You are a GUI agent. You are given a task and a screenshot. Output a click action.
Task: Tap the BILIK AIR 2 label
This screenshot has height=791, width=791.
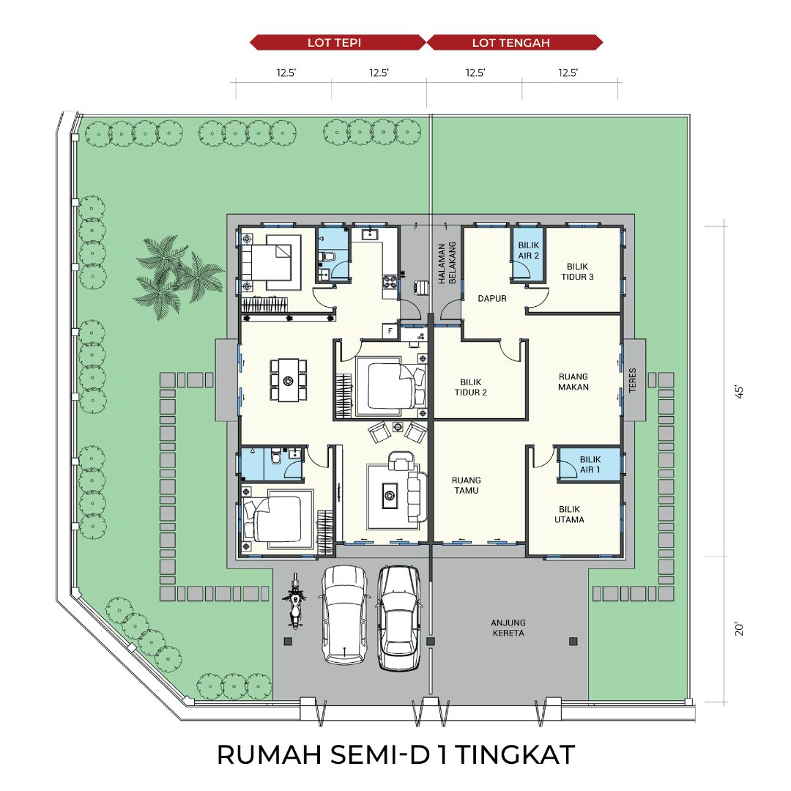(x=529, y=250)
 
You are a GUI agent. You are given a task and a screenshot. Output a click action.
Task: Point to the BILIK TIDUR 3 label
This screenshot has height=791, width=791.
(x=577, y=272)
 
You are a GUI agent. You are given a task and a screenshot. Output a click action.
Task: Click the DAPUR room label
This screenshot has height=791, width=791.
(x=492, y=299)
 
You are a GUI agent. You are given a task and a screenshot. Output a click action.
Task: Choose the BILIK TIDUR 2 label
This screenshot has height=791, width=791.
(x=471, y=387)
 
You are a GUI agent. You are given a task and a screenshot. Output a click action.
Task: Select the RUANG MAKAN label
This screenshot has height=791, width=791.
(x=573, y=382)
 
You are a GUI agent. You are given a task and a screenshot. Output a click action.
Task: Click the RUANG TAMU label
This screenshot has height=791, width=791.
(x=466, y=486)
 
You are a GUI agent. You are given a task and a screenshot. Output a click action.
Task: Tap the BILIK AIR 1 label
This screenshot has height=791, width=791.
(x=590, y=464)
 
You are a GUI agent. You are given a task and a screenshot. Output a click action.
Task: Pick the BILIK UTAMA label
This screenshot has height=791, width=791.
(x=569, y=515)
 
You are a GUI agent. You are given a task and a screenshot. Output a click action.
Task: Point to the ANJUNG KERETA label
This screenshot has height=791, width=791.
(x=508, y=628)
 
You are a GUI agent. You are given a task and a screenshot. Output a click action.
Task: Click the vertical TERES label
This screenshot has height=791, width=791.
(x=633, y=380)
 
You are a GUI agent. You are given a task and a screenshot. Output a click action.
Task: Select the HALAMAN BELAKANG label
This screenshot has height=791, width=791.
(x=447, y=262)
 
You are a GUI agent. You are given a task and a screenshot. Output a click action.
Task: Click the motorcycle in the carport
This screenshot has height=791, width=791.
(x=294, y=601)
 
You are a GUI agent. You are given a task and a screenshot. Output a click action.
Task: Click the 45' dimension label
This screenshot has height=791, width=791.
(x=739, y=392)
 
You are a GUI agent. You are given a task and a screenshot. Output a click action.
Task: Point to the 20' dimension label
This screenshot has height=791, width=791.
(x=739, y=629)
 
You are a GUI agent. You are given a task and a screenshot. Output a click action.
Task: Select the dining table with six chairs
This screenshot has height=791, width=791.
(x=288, y=380)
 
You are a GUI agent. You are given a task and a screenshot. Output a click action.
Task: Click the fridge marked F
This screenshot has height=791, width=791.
(x=390, y=331)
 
